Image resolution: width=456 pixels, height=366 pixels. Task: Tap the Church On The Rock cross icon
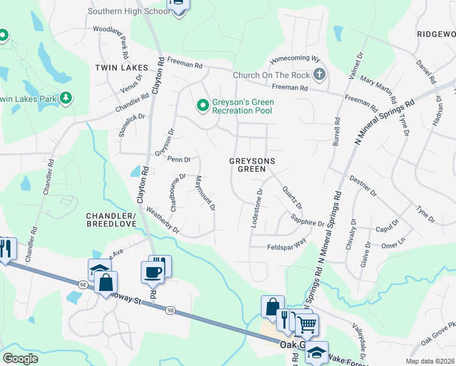point(319,75)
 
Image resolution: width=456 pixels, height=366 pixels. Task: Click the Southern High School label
point(129,11)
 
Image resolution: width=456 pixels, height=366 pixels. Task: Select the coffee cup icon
point(152,271)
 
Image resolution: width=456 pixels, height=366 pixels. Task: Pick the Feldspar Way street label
point(287,246)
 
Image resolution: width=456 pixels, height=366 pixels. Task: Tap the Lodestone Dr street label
point(256,208)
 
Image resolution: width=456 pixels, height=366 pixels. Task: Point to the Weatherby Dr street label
point(163,220)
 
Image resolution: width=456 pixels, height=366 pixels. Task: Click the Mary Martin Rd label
point(379,90)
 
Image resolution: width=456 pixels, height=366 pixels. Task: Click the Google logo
point(20,359)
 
